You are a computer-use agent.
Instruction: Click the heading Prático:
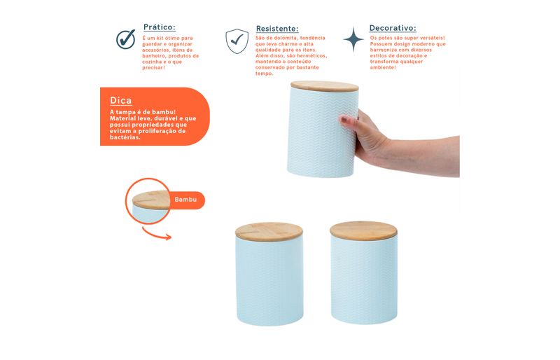(x=160, y=27)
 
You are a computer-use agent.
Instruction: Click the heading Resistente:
(x=277, y=29)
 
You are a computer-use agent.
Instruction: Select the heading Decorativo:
(x=393, y=28)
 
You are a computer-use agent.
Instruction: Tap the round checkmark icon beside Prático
(x=126, y=39)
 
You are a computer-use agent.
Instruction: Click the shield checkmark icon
(x=237, y=41)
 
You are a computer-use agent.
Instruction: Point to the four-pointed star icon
(x=353, y=39)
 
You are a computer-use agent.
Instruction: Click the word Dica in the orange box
(x=120, y=100)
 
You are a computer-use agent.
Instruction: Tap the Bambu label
(x=185, y=200)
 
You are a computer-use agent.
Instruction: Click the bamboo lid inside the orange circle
(x=151, y=200)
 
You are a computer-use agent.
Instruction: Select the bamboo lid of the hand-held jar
(x=325, y=86)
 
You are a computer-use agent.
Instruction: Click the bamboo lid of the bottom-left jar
(x=269, y=232)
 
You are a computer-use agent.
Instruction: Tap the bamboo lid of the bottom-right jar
(x=363, y=230)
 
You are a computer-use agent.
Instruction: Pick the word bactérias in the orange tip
(x=125, y=137)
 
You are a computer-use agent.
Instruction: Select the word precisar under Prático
(x=153, y=68)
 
